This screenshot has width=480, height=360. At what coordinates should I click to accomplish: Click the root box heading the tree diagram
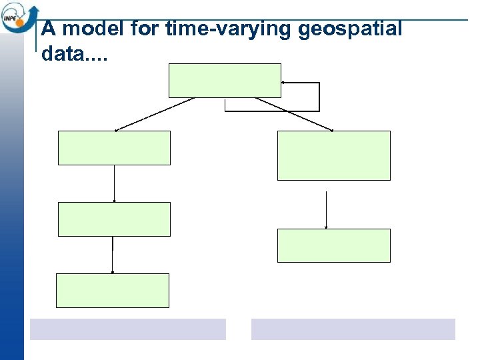(225, 81)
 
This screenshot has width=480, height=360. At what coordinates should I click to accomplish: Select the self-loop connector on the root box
(319, 97)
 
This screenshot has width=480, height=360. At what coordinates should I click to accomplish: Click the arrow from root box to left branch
(155, 114)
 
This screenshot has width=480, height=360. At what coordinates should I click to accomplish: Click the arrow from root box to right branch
(294, 114)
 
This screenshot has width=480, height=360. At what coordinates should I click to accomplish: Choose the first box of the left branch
(114, 148)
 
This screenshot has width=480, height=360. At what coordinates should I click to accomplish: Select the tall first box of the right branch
(333, 155)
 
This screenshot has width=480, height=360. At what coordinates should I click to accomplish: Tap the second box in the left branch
(114, 219)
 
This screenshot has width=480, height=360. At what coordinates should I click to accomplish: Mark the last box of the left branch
(113, 290)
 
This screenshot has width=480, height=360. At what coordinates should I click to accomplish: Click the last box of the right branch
(333, 245)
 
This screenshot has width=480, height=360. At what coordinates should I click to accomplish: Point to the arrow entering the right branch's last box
(326, 210)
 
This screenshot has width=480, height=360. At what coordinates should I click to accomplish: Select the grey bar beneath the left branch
(128, 329)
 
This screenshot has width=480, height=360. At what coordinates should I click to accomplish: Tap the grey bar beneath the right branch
(353, 329)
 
